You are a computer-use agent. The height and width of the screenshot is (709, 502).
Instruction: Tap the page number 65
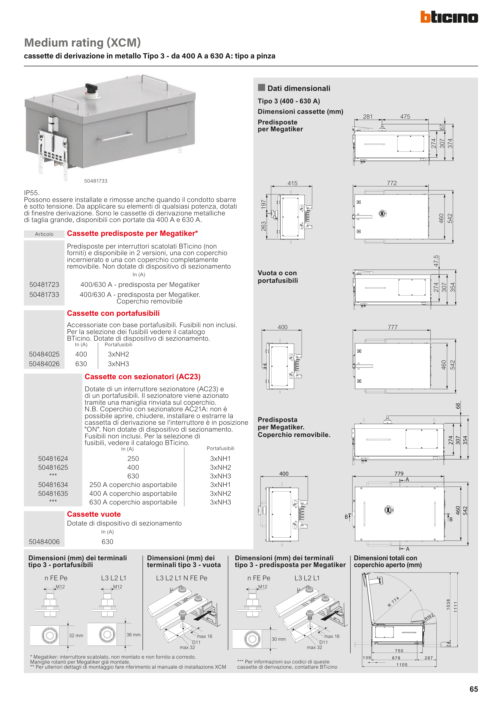coord(473,689)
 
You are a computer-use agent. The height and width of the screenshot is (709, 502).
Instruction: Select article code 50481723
coord(44,284)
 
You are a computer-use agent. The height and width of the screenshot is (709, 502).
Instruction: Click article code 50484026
coord(44,364)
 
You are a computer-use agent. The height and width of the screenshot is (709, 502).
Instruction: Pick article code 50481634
coord(53,485)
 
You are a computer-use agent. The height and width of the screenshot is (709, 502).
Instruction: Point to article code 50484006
coord(44,541)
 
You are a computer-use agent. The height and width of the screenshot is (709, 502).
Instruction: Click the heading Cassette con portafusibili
coord(113,313)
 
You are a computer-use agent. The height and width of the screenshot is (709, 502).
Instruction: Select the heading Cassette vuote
coord(94,514)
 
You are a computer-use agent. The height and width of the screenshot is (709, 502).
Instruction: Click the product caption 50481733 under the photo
coord(96,181)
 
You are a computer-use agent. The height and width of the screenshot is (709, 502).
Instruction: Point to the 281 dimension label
coord(368,117)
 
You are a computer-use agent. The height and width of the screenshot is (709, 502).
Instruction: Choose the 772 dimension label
coord(392,183)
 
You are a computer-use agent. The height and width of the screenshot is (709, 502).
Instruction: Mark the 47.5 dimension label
coord(436,261)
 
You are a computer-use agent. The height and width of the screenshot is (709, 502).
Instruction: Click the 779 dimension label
coord(399,473)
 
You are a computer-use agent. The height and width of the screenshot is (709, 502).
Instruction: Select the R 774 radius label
coord(393,602)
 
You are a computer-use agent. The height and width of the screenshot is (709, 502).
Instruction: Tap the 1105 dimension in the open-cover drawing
coord(402,664)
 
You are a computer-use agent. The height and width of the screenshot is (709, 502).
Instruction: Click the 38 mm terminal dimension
coord(133,635)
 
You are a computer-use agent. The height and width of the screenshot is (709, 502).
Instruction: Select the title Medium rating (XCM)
coord(82,43)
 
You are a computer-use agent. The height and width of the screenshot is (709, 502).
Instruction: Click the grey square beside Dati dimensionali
coord(261,88)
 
